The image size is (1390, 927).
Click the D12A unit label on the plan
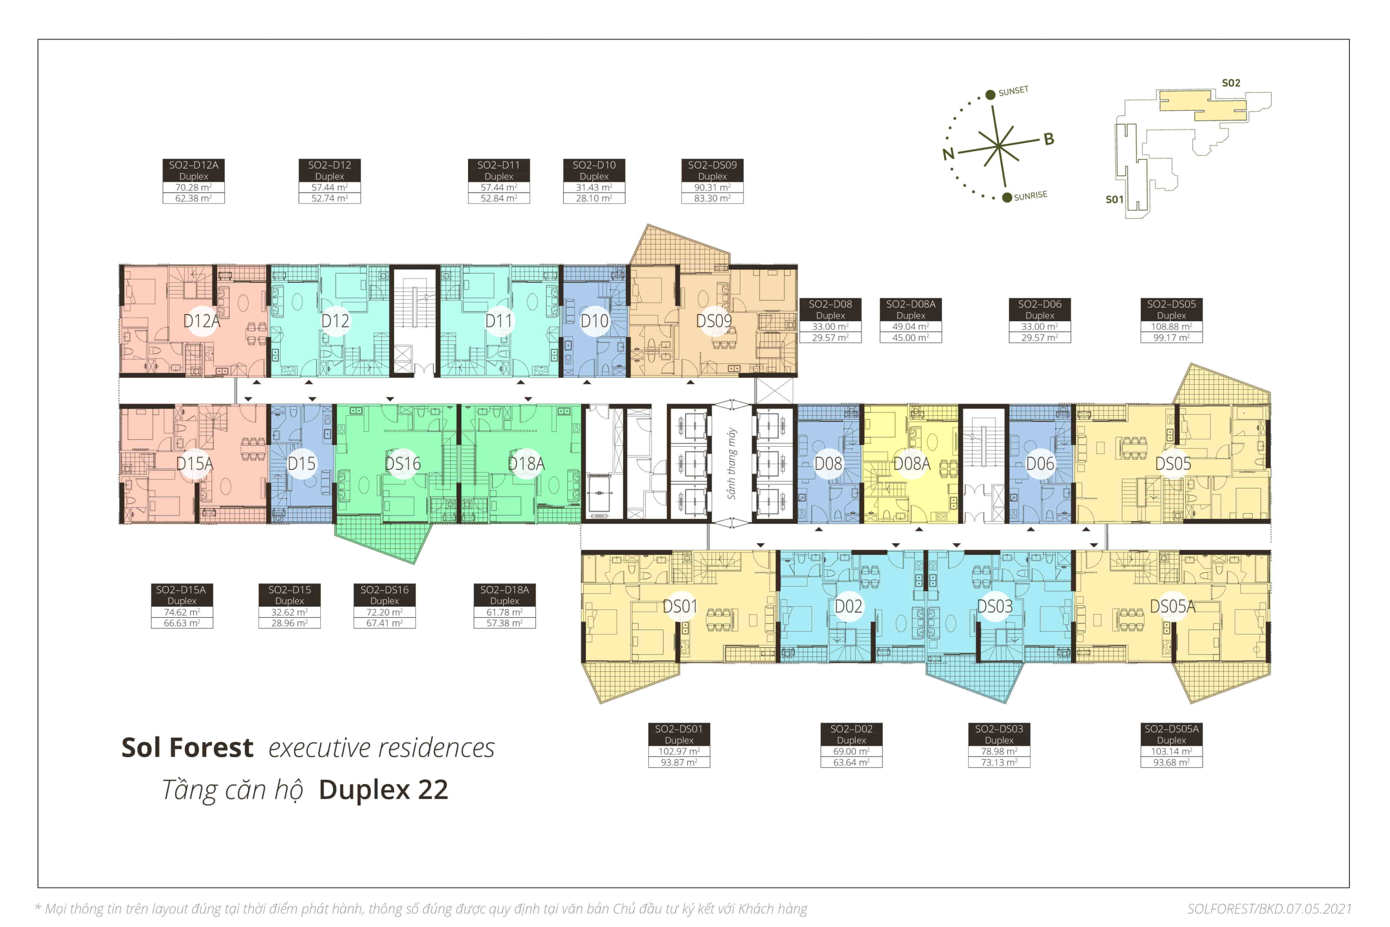tap(201, 321)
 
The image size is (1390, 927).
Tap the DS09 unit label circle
tap(714, 321)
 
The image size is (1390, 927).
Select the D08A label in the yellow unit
tap(912, 463)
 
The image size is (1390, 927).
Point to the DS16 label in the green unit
tap(402, 463)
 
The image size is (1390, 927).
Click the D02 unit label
tap(848, 607)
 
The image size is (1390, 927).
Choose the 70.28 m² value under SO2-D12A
tap(193, 187)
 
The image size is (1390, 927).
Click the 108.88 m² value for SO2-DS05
tap(1171, 326)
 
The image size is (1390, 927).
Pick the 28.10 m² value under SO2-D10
tap(594, 199)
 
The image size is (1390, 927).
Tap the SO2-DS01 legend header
tap(678, 729)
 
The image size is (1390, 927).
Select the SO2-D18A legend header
tap(504, 589)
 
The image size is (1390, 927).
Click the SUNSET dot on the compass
tap(990, 94)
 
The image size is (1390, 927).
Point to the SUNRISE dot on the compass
tap(1007, 198)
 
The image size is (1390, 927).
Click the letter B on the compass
tap(1048, 139)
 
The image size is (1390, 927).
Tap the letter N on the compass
tap(948, 154)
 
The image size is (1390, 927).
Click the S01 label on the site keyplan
tap(1114, 199)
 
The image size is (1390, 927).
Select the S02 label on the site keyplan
tap(1231, 82)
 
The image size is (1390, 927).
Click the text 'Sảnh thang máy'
tap(732, 463)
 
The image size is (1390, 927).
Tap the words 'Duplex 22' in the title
tap(383, 790)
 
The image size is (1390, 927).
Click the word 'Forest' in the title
tap(211, 747)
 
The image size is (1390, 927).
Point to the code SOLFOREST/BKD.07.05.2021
tap(1269, 909)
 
